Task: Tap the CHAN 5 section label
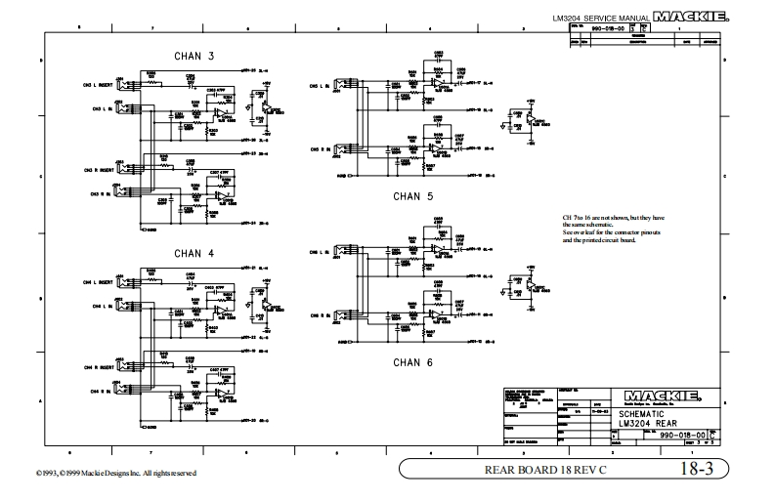click(412, 196)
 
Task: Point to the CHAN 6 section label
click(412, 361)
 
